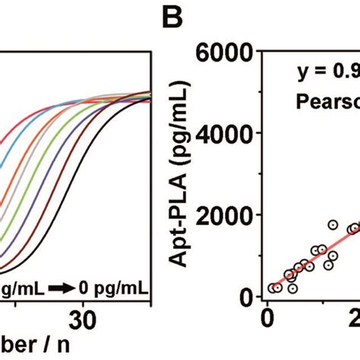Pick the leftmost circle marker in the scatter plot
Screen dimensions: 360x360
pos(273,288)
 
